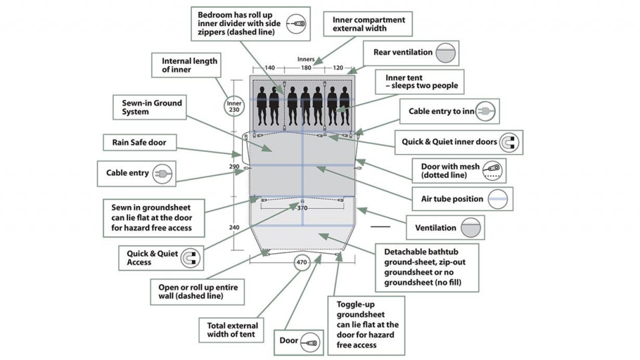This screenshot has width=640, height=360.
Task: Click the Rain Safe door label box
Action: (139, 142)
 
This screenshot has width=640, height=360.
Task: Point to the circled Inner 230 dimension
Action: (233, 107)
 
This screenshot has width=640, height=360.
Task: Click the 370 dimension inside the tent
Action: (302, 208)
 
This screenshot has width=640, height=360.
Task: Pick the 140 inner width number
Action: (270, 68)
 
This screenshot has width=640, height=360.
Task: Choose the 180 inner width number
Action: (306, 68)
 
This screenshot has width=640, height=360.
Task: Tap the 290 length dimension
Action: (233, 166)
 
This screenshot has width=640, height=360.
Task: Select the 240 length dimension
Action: (233, 227)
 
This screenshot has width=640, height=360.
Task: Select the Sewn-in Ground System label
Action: (152, 108)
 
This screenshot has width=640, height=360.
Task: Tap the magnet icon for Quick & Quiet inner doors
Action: (511, 142)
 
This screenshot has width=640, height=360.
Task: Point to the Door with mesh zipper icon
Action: (492, 171)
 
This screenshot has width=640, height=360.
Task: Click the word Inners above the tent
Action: (306, 59)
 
